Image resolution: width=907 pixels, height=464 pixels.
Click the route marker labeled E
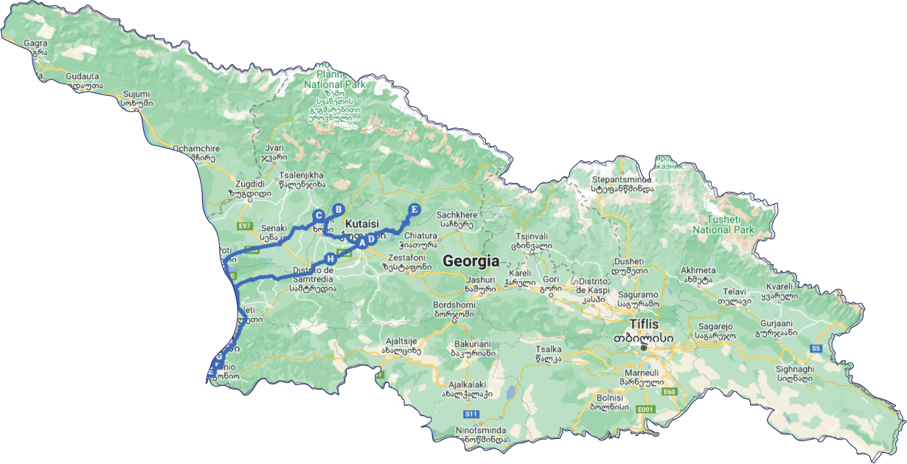point(414,210)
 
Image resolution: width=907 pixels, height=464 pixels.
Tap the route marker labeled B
point(338,210)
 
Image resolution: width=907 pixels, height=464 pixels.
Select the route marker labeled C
point(319,216)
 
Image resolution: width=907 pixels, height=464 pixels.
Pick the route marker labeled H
point(331,259)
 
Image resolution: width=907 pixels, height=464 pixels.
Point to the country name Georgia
point(470,261)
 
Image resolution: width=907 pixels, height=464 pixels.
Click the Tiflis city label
point(644,324)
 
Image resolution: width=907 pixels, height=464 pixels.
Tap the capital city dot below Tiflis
point(644,347)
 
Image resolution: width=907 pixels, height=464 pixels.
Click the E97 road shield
point(245,225)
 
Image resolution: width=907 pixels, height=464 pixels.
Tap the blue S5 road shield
point(816,348)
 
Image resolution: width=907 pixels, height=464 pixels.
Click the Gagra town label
point(35,44)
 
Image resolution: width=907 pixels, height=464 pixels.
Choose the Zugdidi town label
point(246,184)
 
